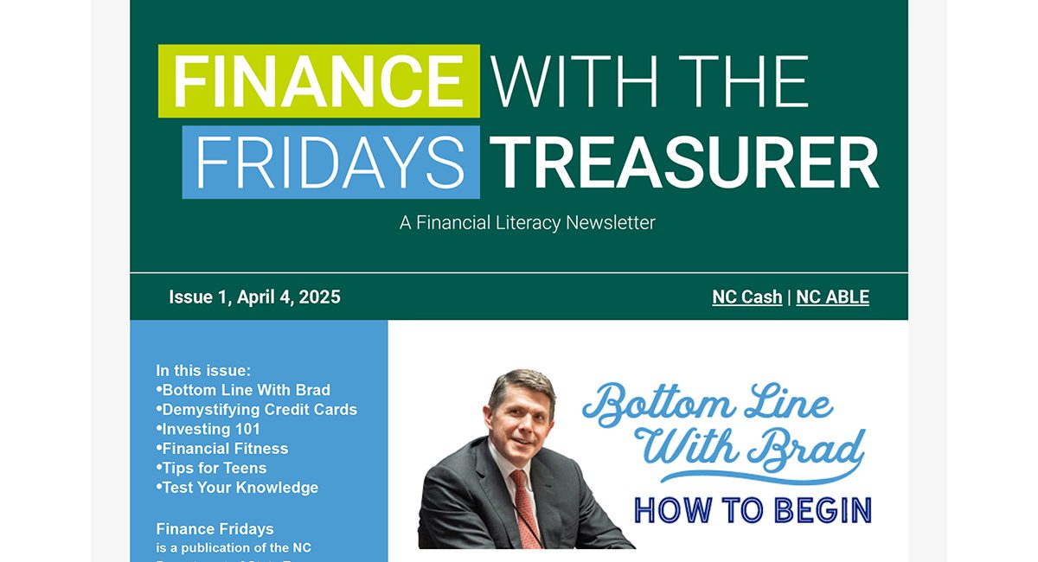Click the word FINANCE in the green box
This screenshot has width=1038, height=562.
pos(318,81)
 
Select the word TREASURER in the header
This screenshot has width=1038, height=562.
pos(684,163)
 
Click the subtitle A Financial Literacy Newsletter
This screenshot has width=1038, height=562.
pos(527,222)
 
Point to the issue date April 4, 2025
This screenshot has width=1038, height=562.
pos(288,297)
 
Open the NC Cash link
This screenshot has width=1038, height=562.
pos(746,297)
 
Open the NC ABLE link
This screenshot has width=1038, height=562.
pos(832,297)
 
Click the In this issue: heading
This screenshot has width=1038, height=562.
pos(203,370)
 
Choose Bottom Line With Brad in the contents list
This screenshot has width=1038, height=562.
pos(246,390)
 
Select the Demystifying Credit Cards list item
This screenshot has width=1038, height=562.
pos(259,410)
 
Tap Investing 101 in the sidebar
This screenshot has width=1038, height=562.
pos(211,429)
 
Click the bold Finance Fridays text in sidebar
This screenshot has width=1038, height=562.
pos(215,528)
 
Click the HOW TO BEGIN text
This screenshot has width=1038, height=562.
pos(753,510)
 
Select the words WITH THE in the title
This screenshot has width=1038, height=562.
pos(650,81)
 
